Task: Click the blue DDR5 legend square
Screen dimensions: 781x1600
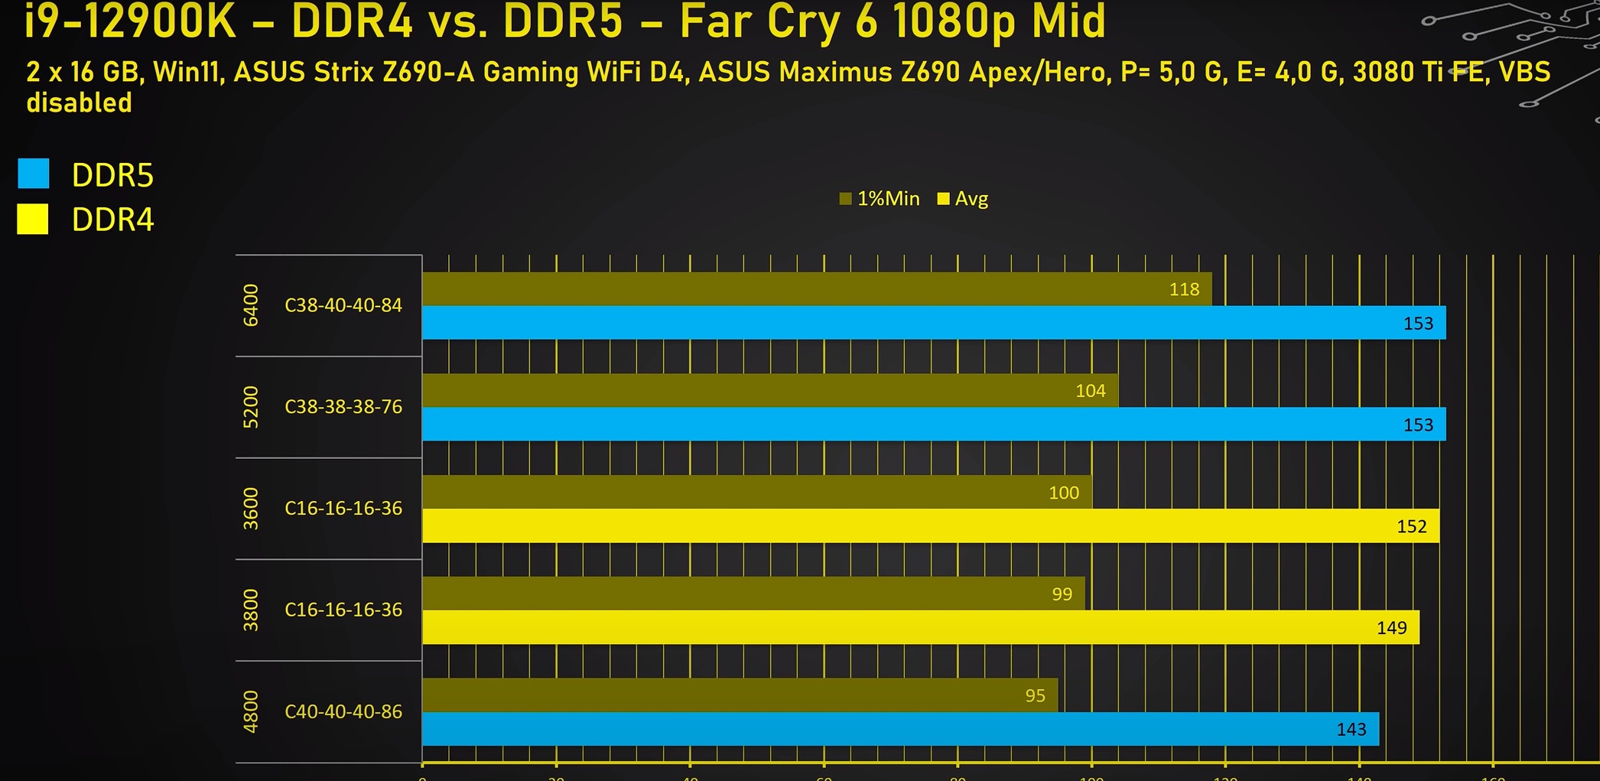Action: coord(34,174)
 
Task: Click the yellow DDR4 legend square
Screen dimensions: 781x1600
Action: coord(33,219)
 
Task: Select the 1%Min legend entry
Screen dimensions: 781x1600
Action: coord(880,199)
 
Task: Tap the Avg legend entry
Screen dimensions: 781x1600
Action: coord(963,199)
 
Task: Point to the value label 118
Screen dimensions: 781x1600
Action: coord(1184,289)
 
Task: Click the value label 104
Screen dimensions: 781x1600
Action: coord(1090,391)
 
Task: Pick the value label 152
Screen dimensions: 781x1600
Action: coord(1411,526)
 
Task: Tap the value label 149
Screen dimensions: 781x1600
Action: coord(1391,628)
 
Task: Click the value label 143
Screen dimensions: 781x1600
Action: coord(1351,730)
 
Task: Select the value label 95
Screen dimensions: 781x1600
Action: coord(1035,695)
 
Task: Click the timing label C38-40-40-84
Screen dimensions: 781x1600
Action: coord(343,305)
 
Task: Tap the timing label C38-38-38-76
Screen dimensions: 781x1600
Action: coord(343,407)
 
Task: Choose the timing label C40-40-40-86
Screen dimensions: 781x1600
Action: coord(343,711)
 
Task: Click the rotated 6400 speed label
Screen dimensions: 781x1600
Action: coord(251,305)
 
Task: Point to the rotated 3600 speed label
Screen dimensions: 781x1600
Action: coord(251,509)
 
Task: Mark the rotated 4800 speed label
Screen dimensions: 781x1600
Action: coord(251,711)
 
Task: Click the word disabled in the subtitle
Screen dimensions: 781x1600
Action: coord(79,103)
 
